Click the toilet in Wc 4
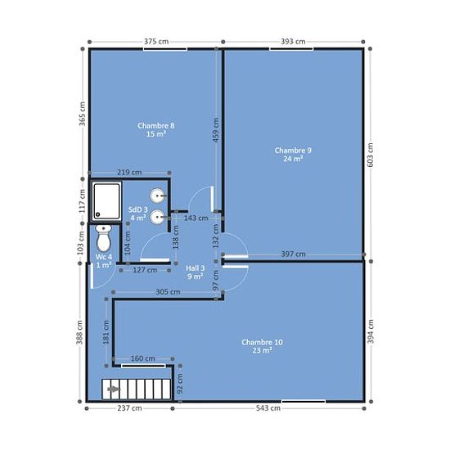(104, 238)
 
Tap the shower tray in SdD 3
(106, 201)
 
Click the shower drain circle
(97, 214)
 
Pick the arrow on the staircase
(114, 389)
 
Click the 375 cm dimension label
(156, 42)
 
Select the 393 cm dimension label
(293, 42)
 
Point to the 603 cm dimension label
(370, 155)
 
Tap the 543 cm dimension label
(268, 408)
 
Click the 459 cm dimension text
(216, 130)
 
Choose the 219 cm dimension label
(129, 173)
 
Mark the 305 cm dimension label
(168, 292)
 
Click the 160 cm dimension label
(143, 358)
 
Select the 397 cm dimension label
(293, 254)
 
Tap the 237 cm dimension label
(129, 408)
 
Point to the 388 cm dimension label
(79, 332)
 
